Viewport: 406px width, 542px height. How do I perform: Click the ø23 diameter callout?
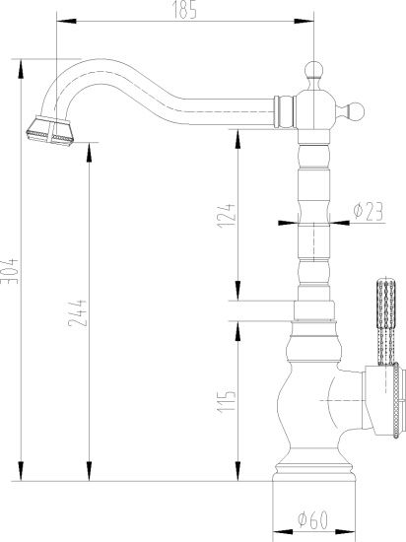click(367, 210)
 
